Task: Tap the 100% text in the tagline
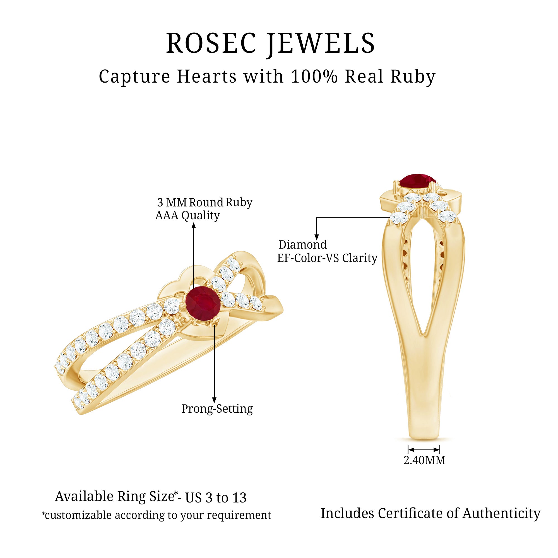tap(314, 76)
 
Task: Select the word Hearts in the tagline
tap(206, 76)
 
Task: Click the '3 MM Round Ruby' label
tap(205, 203)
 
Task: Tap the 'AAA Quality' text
tap(187, 215)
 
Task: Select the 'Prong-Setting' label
tap(217, 409)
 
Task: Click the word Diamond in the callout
tap(302, 245)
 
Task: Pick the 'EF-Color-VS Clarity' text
tap(327, 258)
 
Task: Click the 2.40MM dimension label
tap(424, 460)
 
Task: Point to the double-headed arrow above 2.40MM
tap(424, 449)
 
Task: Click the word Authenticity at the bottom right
tap(501, 514)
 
